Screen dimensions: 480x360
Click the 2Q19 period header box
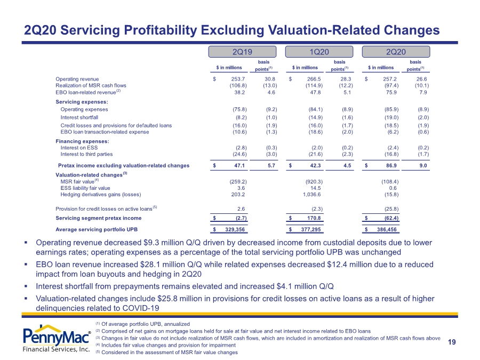click(242, 52)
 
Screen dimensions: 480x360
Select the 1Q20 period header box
click(319, 52)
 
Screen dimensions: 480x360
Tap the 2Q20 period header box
click(396, 52)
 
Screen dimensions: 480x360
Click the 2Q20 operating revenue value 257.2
click(390, 79)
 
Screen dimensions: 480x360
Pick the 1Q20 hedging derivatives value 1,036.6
click(311, 194)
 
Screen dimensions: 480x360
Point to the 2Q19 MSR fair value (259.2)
click(238, 181)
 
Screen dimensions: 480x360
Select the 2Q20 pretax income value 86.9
click(391, 166)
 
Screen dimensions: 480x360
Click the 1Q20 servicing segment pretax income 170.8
click(314, 218)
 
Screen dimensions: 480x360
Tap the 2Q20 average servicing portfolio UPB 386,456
click(387, 229)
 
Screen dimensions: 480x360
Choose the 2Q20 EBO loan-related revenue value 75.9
click(391, 92)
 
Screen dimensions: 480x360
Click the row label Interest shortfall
click(79, 117)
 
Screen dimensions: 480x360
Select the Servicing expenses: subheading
click(82, 102)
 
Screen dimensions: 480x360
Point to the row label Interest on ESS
click(79, 148)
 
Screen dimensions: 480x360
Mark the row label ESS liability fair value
click(85, 188)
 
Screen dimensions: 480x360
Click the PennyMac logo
click(57, 339)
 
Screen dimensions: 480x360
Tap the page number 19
click(452, 342)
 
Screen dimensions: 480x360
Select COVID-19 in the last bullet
click(140, 308)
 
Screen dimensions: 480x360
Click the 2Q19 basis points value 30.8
click(270, 79)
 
